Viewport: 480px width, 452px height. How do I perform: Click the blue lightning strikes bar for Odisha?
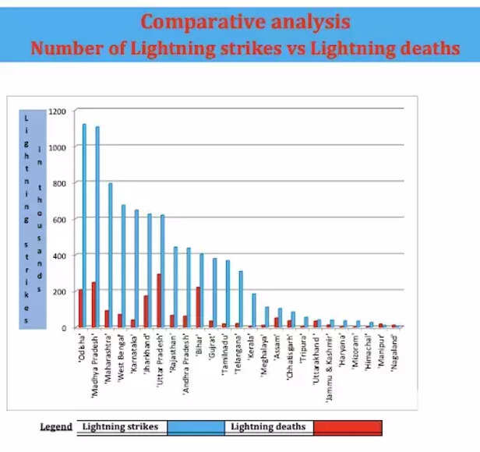tap(84, 225)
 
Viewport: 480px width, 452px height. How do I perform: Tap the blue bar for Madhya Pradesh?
tap(97, 226)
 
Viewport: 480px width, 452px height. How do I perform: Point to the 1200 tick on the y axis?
tap(57, 111)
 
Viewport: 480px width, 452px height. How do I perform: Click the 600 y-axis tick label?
tap(59, 219)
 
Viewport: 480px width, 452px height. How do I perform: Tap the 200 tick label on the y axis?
tap(59, 291)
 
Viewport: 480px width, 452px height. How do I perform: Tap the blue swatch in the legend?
tap(196, 427)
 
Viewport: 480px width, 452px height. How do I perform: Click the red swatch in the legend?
tap(348, 427)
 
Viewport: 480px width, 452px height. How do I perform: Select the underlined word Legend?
tap(57, 427)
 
